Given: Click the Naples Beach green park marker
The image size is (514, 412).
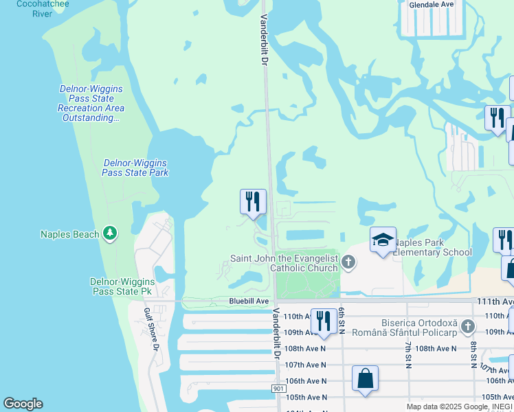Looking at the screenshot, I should tap(110, 234).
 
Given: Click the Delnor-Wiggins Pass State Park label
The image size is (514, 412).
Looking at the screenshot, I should tap(135, 168).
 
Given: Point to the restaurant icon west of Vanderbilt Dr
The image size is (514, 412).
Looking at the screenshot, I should tap(253, 201).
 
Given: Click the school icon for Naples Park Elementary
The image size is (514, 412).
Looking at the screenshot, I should tap(383, 239).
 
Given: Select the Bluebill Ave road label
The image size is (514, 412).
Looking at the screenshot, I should tap(249, 301).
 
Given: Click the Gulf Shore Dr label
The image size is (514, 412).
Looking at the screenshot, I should tap(152, 339).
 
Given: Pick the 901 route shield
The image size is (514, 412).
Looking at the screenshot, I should tap(278, 389).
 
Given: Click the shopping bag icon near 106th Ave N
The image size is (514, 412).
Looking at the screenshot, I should tap(366, 378).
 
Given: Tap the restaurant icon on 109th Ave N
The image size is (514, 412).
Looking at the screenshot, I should tap(322, 321).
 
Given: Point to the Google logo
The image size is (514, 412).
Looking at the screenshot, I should tap(23, 404).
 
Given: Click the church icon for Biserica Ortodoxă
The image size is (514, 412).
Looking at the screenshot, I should tap(468, 327).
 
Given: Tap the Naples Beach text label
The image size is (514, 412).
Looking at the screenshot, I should tap(69, 234).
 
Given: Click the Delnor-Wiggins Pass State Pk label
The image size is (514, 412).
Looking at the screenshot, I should tap(121, 286).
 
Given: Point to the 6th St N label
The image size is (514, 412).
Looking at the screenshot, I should tap(341, 317).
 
